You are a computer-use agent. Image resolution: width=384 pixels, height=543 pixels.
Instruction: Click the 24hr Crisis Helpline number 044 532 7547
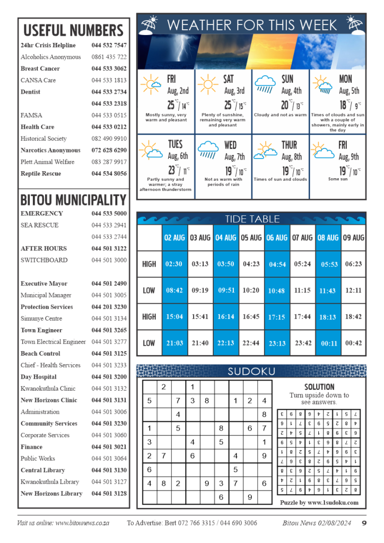point(109,45)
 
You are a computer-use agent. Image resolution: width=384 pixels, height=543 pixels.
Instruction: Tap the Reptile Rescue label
point(41,173)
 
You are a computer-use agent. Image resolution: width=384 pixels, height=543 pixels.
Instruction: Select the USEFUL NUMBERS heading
point(73,30)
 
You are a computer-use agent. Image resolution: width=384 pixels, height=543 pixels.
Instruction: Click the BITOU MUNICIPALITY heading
point(73,200)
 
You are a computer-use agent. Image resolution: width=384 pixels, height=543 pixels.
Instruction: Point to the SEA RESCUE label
point(40,225)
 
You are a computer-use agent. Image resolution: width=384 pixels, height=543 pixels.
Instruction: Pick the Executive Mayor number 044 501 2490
point(109,284)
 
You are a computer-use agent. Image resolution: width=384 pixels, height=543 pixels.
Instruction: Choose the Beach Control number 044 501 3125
point(109,353)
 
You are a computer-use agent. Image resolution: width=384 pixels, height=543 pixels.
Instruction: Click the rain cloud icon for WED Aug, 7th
point(208,150)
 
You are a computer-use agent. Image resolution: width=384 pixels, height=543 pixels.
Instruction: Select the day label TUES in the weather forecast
point(175,145)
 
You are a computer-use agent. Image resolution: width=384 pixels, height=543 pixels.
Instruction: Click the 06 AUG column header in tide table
point(277,238)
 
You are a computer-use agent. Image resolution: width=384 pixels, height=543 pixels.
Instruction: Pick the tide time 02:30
point(174,264)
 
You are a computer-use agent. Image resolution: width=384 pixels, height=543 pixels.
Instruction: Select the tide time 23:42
point(303,343)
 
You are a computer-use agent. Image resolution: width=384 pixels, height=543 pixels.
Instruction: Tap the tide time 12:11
point(353,291)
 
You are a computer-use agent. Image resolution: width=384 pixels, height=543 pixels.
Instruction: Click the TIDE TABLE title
point(252,219)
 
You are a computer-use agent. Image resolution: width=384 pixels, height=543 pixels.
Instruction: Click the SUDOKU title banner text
point(251,371)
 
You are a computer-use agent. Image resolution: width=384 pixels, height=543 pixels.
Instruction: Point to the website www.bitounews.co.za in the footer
point(82,523)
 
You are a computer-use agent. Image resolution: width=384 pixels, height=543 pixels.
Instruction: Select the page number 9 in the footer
point(364,523)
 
